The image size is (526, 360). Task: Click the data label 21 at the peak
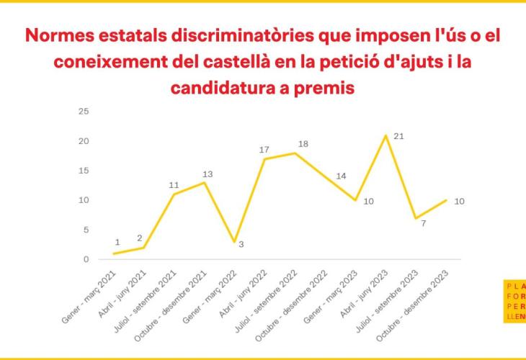tap(398, 135)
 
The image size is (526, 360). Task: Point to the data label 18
tap(303, 144)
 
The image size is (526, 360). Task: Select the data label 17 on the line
tap(264, 150)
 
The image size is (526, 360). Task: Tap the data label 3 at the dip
tap(241, 244)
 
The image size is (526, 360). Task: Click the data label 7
tap(424, 223)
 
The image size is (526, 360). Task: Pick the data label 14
tap(342, 176)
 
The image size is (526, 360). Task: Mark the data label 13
tap(208, 174)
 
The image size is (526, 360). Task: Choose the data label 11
tap(174, 185)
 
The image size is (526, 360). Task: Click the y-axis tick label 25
tap(84, 111)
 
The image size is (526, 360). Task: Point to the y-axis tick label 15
tap(84, 171)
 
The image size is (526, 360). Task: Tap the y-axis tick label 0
tap(86, 259)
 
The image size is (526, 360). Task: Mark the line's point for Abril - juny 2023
tap(386, 135)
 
